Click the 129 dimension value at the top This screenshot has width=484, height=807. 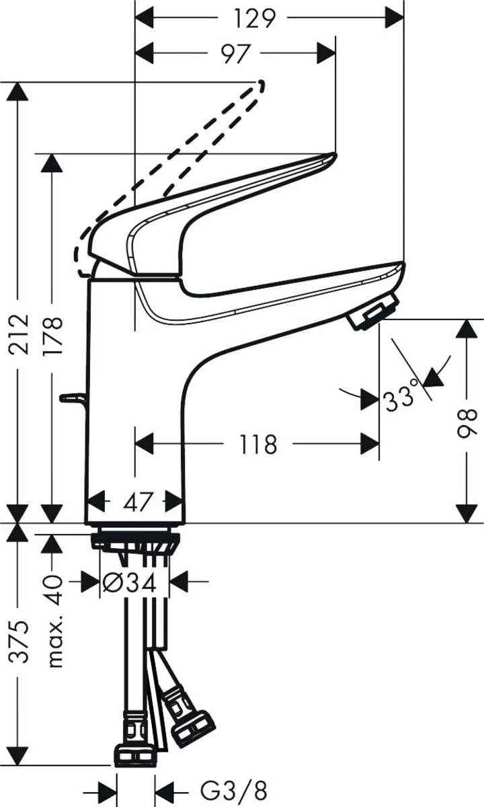click(x=256, y=18)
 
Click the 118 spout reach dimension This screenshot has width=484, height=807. click(x=257, y=445)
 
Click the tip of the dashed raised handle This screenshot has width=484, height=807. click(x=260, y=85)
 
